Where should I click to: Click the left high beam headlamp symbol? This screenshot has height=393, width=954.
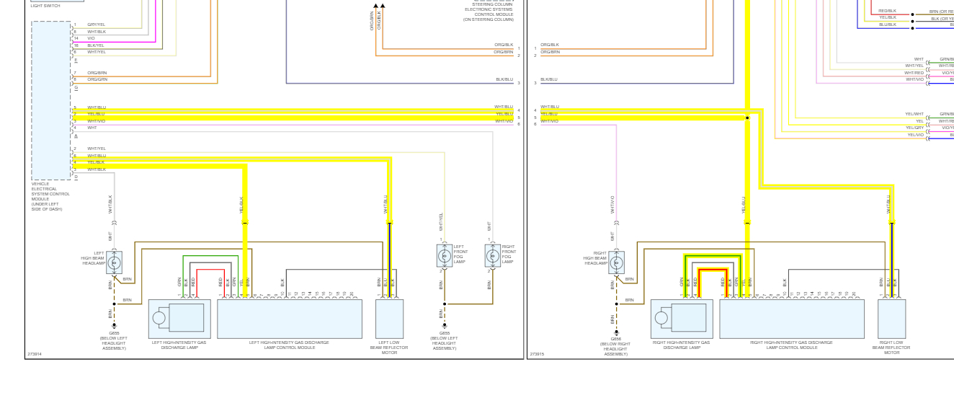coord(114,262)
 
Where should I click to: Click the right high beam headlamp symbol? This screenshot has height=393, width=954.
coord(616,262)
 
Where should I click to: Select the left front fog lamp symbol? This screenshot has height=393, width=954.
coord(444,255)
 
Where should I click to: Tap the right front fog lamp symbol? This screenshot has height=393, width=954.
coord(493,255)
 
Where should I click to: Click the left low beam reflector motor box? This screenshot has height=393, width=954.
coord(389,319)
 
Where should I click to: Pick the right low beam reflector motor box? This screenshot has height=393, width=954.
coord(891,319)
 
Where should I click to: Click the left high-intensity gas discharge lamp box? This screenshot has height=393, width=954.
coord(179,319)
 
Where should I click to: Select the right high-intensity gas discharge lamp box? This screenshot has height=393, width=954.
coord(682,319)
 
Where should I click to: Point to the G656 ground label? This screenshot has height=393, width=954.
coord(616,338)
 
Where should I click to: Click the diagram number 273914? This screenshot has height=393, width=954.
coord(34,354)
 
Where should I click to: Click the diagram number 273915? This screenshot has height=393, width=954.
coord(537,354)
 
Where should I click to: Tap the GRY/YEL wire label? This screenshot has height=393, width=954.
coord(96,25)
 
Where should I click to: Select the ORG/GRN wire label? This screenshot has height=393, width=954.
coord(97,79)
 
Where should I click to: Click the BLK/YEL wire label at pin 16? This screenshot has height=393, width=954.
coord(96,45)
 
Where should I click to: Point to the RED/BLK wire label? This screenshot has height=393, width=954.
coord(887,11)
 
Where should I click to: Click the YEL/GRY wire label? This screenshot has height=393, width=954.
coord(914,128)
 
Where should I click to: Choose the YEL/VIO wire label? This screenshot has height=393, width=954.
coord(915,135)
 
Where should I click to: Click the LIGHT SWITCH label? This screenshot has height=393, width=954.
coord(45,6)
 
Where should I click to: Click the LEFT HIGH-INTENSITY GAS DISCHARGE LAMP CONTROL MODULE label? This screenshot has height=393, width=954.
coord(289,345)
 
